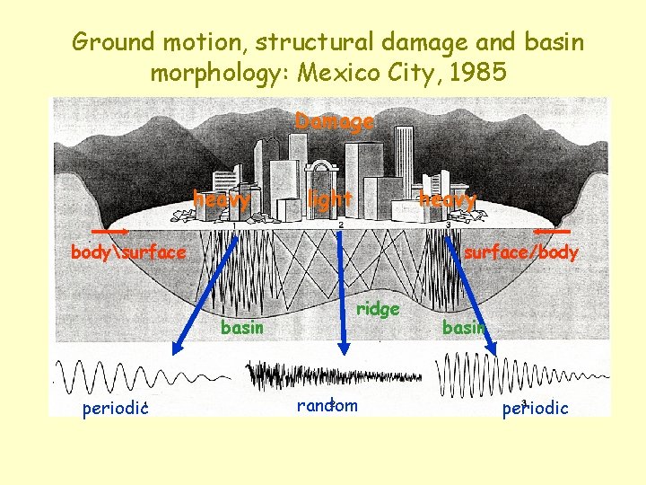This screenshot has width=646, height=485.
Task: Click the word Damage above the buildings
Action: coord(334,122)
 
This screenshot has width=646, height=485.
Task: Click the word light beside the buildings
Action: coord(329,198)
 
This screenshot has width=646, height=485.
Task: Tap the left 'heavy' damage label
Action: coord(221,199)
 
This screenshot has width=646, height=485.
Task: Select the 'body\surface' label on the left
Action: coord(128,252)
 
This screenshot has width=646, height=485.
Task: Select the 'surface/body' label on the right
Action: coord(520,253)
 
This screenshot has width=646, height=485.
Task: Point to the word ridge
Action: coord(378,309)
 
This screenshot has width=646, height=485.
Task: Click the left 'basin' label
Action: coord(242,328)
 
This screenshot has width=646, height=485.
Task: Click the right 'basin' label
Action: coord(463,328)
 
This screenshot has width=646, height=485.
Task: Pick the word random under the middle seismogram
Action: coord(327,405)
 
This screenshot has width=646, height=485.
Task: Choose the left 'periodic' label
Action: coord(115,410)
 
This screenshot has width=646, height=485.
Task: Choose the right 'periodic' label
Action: coord(535,409)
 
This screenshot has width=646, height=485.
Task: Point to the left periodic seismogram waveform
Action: coord(135,375)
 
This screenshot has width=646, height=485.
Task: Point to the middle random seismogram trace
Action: coord(333,374)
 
